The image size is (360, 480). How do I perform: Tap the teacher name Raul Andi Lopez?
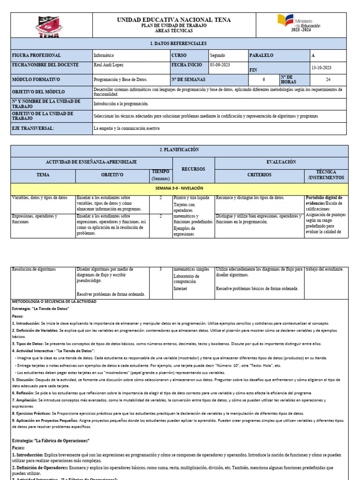click(x=109, y=65)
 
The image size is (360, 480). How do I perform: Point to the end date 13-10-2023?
click(x=321, y=67)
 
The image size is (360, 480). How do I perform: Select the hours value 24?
click(x=328, y=80)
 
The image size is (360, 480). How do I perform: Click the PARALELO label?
click(x=262, y=55)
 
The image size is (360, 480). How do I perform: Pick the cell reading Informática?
click(x=104, y=55)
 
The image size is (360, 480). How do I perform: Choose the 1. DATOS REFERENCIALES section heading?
click(x=178, y=43)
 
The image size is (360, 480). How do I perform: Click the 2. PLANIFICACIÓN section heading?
click(x=179, y=150)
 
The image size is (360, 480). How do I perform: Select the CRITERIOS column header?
click(x=259, y=175)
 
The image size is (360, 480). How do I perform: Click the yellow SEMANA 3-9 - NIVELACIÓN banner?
click(x=179, y=187)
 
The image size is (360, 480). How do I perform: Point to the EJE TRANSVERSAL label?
click(x=33, y=128)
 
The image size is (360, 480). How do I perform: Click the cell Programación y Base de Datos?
click(x=120, y=80)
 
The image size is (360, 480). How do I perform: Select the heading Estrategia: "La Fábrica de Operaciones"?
click(x=51, y=441)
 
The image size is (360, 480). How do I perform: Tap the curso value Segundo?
click(x=217, y=55)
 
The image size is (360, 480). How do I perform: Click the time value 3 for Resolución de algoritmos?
click(x=161, y=269)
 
